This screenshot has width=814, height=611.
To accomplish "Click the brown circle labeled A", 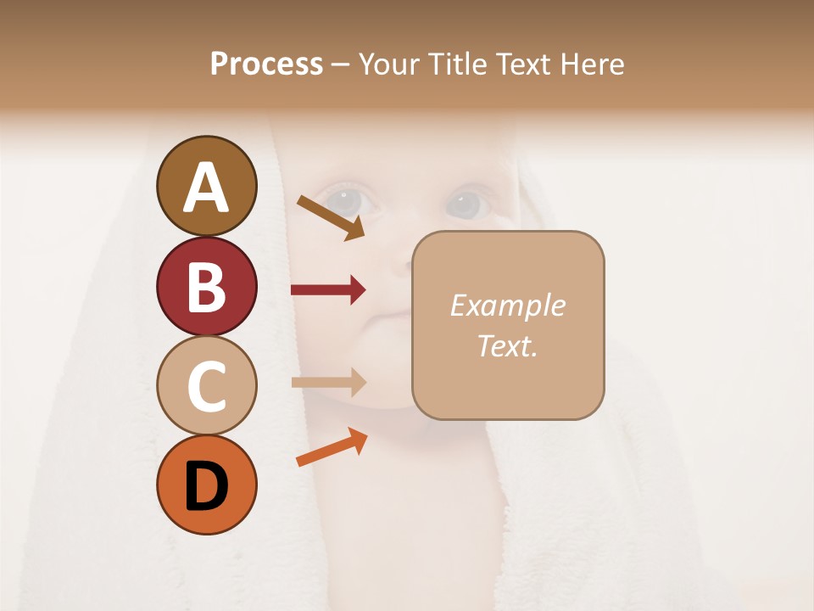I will [206, 186].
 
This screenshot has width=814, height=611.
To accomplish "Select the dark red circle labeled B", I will [206, 286].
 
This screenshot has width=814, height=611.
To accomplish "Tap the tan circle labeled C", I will [206, 385].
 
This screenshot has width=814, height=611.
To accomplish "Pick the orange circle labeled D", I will [206, 485].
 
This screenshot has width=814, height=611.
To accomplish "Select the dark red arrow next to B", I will [327, 290].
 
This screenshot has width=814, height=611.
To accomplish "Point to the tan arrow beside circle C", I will [327, 382].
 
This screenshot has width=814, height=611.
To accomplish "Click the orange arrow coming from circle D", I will [330, 447].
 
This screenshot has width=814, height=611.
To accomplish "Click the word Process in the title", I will [266, 64].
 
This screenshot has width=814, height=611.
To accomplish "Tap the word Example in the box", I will [507, 305].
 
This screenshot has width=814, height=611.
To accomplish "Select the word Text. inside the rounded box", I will [507, 345].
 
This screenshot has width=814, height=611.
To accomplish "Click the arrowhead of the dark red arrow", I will [357, 290].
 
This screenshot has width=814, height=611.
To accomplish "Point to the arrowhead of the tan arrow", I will [357, 382].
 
